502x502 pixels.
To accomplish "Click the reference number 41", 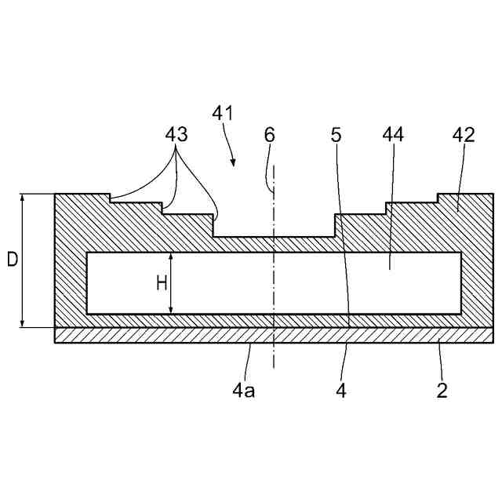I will tap(223, 113).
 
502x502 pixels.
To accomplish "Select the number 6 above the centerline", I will tap(270, 134).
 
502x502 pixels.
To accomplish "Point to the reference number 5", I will tap(336, 134).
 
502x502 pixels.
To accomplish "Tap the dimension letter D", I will tap(12, 260).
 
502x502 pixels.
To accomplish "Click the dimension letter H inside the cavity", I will tap(161, 283).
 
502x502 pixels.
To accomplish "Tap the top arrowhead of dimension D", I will tap(24, 198).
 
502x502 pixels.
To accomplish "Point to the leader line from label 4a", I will tap(248, 361).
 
